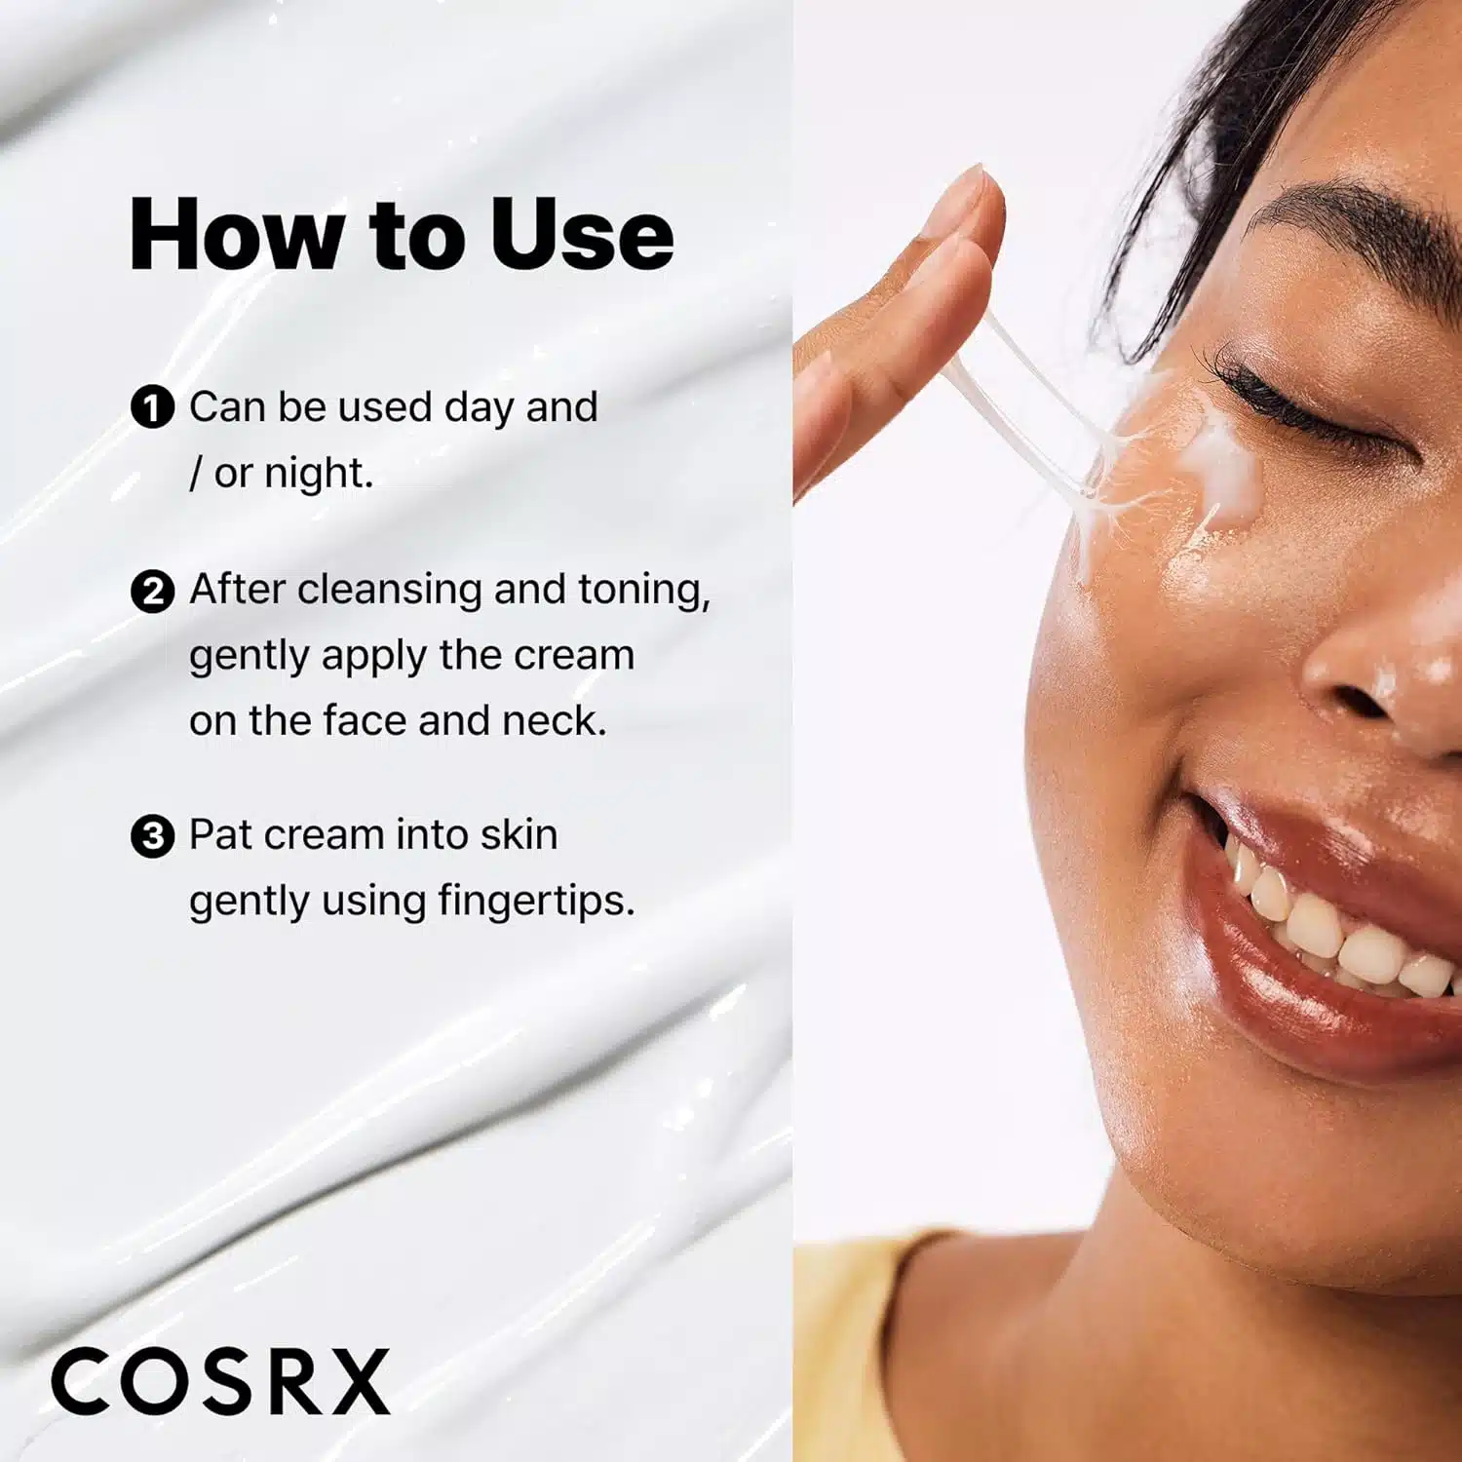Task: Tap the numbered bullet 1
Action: point(152,407)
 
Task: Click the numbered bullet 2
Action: point(152,591)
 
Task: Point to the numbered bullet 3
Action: point(152,836)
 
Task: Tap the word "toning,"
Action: point(644,591)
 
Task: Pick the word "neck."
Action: point(554,721)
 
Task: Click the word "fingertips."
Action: point(536,902)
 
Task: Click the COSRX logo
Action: point(220,1380)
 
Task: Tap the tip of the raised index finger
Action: point(975,185)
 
